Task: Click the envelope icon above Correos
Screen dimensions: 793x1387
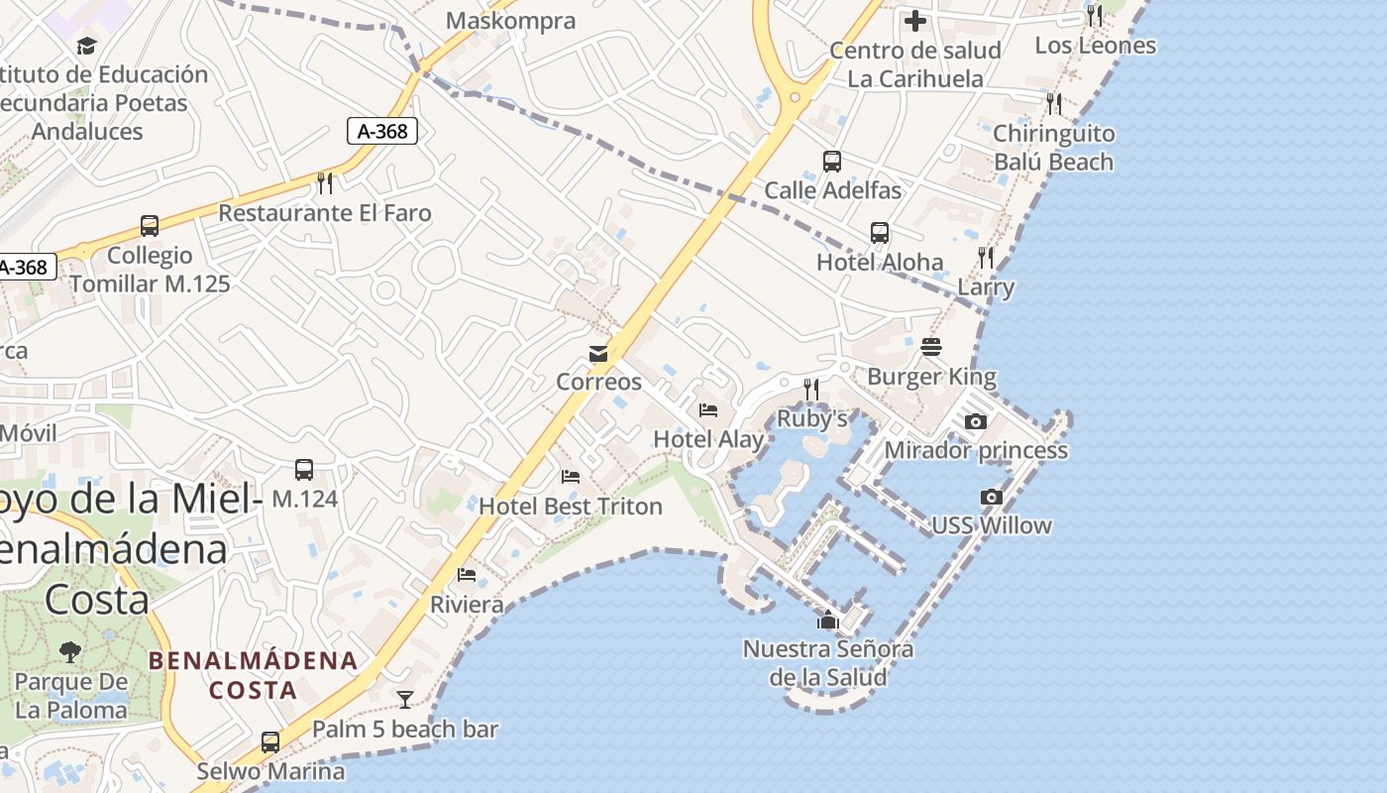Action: [598, 354]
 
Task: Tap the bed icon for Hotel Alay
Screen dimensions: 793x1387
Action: [708, 410]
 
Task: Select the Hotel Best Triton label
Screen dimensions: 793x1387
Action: [571, 507]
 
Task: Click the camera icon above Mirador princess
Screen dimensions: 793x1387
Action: [976, 422]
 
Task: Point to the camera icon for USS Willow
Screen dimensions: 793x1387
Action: [991, 498]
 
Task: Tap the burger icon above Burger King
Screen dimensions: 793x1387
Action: [931, 347]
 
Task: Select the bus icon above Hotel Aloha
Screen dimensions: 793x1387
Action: [880, 233]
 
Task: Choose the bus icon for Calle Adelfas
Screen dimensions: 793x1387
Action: [832, 162]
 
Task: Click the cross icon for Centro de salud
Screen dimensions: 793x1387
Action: [915, 20]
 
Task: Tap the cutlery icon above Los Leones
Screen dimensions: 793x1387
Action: [1094, 16]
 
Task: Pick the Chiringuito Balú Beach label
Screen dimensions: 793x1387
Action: [1053, 148]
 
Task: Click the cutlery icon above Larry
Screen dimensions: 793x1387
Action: [986, 258]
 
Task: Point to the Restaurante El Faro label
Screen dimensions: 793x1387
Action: [325, 213]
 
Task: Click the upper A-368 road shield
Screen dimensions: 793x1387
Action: [382, 130]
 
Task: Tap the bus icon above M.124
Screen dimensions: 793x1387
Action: [304, 470]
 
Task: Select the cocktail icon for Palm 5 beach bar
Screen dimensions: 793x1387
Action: [404, 700]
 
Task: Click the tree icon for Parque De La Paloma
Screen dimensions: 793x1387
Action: [70, 652]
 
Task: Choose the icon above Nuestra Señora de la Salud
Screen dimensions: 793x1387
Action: [828, 622]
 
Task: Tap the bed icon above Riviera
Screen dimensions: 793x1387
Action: [467, 575]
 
